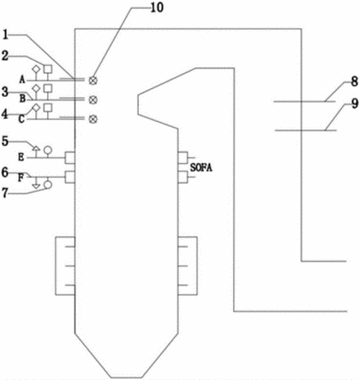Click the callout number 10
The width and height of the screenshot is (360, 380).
coord(157,8)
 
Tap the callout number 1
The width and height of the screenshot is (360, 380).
coord(6,35)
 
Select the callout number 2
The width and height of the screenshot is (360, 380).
coord(5,56)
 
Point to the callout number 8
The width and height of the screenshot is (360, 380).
coord(354,82)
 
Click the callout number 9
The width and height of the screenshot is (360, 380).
coord(355,104)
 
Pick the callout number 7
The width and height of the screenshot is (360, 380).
coord(5,193)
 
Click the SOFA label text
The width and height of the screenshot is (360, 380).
coord(201,168)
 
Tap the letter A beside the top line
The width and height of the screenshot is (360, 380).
coord(22,79)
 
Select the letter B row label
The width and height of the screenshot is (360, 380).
coord(23,99)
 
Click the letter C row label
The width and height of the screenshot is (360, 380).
coord(22,119)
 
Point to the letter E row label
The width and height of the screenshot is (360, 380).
coord(21,157)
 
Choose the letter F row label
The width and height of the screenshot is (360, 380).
coord(21,178)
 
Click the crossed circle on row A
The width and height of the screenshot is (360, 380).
coord(93,80)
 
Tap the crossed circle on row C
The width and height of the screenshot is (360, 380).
coord(93,119)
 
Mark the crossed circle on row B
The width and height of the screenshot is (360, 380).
coord(93,100)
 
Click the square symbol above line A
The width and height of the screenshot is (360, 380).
coord(48,68)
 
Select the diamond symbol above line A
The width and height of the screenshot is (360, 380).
coord(35,68)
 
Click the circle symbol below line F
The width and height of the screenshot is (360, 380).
coord(48,184)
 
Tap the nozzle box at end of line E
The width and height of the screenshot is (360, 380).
coord(70,158)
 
